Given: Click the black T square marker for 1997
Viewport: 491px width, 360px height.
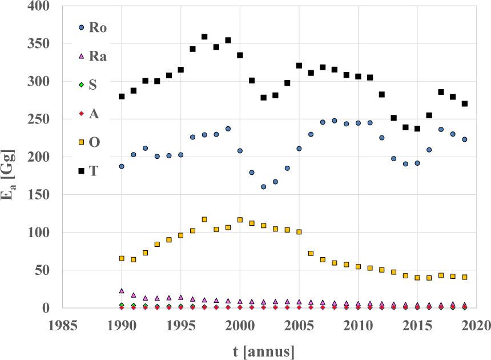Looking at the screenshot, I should pyautogui.click(x=204, y=37).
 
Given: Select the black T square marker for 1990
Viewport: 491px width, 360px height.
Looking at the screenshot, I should pyautogui.click(x=122, y=96).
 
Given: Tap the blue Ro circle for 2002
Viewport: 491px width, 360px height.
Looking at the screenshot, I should pyautogui.click(x=264, y=187).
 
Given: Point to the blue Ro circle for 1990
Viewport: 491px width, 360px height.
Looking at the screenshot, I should pyautogui.click(x=122, y=166).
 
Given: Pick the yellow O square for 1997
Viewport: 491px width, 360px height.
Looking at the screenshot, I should pyautogui.click(x=204, y=219).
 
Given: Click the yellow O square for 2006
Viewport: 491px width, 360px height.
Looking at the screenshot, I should pyautogui.click(x=311, y=253).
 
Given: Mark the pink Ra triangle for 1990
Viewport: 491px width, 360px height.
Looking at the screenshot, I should pyautogui.click(x=122, y=291).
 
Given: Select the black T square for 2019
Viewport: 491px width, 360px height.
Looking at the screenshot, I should pyautogui.click(x=465, y=103).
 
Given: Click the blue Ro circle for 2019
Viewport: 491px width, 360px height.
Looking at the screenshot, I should pyautogui.click(x=465, y=139).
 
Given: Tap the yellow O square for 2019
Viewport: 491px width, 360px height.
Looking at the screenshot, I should pyautogui.click(x=465, y=277).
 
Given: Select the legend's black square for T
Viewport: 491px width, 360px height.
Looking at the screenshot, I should pyautogui.click(x=82, y=170).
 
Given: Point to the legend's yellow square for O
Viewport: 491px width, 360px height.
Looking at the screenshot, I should pyautogui.click(x=82, y=142).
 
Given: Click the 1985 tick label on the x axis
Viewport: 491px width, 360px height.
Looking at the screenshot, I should pyautogui.click(x=63, y=325).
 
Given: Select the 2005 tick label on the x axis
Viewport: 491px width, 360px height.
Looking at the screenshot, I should pyautogui.click(x=299, y=325).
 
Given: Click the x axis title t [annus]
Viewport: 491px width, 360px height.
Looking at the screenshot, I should pyautogui.click(x=256, y=350).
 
